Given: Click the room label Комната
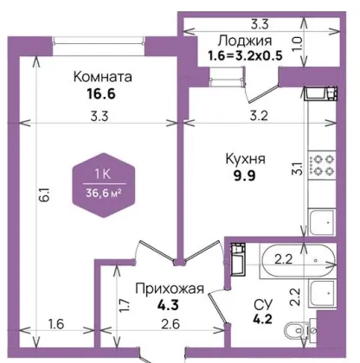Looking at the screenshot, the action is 103,77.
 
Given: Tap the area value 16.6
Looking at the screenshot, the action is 101,93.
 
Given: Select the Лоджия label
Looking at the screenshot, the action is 245,41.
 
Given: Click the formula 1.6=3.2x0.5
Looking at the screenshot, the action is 245,56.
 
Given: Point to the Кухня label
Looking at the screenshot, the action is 246,159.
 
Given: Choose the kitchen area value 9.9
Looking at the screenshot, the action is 245,175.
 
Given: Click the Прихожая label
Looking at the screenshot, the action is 170,289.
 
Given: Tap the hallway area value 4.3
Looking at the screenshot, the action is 168,305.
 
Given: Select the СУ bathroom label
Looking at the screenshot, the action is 263,304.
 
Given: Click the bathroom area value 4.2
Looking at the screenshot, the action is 263,319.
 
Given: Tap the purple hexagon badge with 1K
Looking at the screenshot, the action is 104,185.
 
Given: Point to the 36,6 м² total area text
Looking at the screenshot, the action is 103,193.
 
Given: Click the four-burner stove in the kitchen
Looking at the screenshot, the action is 322,165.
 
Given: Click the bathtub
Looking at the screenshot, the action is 298,261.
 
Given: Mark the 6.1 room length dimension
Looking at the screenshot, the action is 47,194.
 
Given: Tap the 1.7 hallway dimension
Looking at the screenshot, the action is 125,306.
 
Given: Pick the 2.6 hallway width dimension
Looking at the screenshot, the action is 170,324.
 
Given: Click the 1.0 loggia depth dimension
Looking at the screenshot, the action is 298,42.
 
